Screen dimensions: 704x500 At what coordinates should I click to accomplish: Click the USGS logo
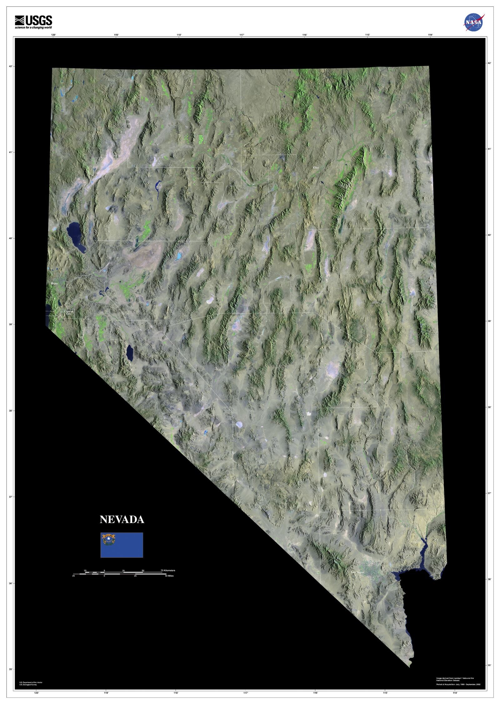point(33,21)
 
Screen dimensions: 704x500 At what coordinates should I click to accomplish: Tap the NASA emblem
point(473,22)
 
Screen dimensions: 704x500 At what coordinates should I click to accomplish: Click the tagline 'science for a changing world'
point(33,28)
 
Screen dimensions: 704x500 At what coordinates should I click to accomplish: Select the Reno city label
point(54,283)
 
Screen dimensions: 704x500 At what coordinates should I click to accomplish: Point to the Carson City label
point(68,312)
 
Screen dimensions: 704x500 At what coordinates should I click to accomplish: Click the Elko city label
point(316,168)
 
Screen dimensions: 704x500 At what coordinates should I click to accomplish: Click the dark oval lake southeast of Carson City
point(129,353)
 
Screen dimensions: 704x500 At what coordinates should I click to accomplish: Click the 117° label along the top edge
point(242,35)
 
